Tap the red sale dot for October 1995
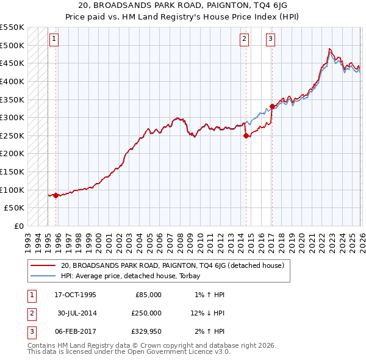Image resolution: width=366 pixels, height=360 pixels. coord(56,195)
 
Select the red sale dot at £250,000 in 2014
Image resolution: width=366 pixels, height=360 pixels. coord(246,136)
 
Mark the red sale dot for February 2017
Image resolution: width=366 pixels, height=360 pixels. coord(272,107)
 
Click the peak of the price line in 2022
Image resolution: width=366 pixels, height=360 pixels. coord(329,49)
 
